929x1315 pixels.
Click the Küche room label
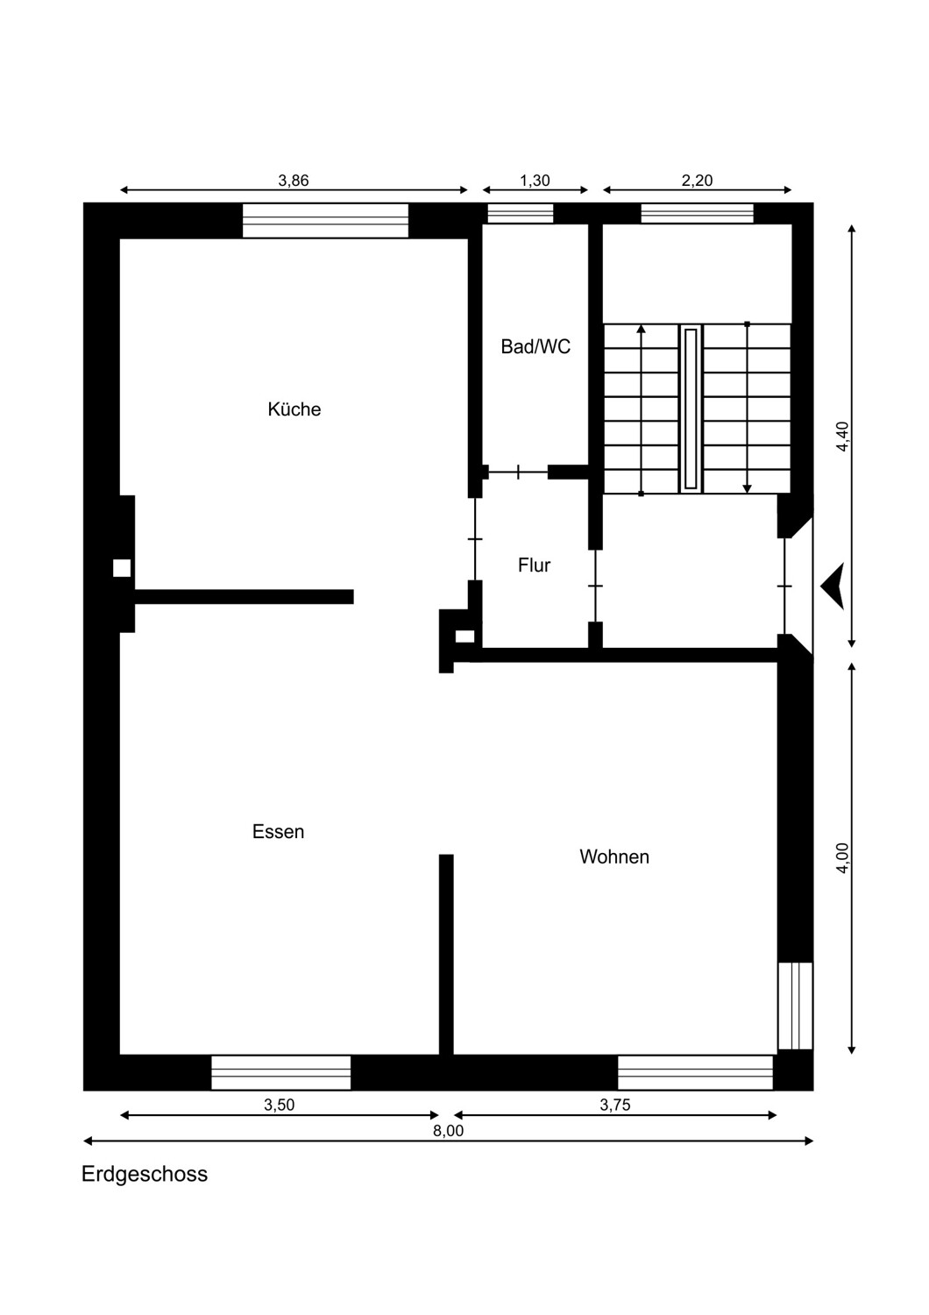tap(294, 409)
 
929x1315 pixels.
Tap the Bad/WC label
tap(535, 347)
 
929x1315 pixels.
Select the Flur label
tap(534, 565)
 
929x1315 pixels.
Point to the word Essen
tap(278, 832)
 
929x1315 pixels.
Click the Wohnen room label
tap(614, 857)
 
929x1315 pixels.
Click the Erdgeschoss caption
tap(145, 1174)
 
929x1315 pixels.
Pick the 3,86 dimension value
tap(294, 181)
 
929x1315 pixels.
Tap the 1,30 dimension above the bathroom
tap(535, 181)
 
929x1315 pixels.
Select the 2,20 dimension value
tap(697, 181)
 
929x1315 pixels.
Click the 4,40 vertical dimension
tap(842, 437)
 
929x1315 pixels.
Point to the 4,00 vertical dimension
tap(842, 857)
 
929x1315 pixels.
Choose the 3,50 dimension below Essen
tap(280, 1105)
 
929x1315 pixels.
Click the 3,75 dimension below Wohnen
tap(615, 1105)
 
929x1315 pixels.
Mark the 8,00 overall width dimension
tap(448, 1131)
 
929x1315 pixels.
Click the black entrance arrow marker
tap(833, 585)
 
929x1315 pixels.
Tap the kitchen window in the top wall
tap(325, 220)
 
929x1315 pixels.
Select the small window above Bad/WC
tap(521, 213)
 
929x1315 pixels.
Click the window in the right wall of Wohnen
tap(796, 1006)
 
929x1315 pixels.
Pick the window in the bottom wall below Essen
tap(280, 1072)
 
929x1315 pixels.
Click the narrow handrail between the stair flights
tap(691, 408)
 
